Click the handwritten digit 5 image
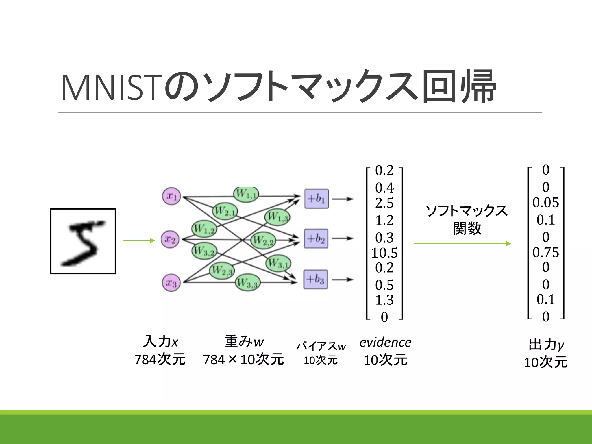click(x=83, y=241)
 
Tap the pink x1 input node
click(x=171, y=196)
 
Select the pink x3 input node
click(x=171, y=283)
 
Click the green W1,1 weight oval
click(x=246, y=194)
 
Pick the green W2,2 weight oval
click(x=263, y=240)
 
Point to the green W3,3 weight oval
click(x=247, y=282)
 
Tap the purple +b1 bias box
click(x=317, y=199)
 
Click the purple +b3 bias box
click(x=316, y=279)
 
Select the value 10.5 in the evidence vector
click(x=384, y=253)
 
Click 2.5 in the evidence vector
click(x=384, y=203)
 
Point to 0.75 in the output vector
click(x=545, y=252)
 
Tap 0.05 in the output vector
click(x=545, y=203)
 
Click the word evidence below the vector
click(x=385, y=343)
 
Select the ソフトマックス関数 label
click(x=467, y=219)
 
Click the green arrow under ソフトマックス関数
click(x=462, y=244)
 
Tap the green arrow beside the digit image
click(x=139, y=240)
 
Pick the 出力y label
click(x=546, y=345)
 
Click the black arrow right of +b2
click(x=343, y=238)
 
